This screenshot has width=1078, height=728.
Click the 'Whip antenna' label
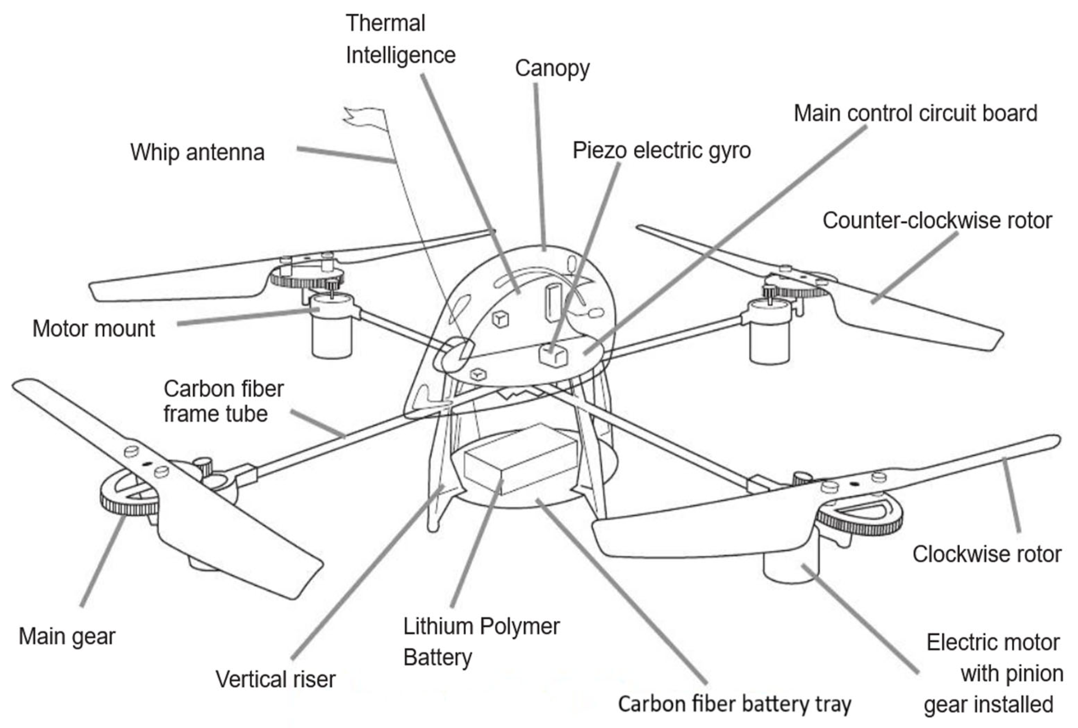pyautogui.click(x=197, y=152)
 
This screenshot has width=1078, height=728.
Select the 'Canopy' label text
pyautogui.click(x=552, y=69)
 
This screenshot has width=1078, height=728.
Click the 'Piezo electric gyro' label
pyautogui.click(x=662, y=150)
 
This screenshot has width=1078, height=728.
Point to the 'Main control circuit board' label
pyautogui.click(x=915, y=113)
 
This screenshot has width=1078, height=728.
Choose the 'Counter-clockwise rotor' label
pyautogui.click(x=937, y=221)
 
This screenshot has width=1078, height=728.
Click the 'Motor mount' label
pyautogui.click(x=94, y=328)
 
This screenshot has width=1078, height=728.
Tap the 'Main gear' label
pyautogui.click(x=67, y=636)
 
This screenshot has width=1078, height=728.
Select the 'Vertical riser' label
pyautogui.click(x=275, y=679)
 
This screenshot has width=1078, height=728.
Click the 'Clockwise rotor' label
pyautogui.click(x=986, y=554)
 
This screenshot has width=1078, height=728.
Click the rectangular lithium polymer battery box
pyautogui.click(x=519, y=459)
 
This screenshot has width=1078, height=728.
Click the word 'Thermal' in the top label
pyautogui.click(x=385, y=23)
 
